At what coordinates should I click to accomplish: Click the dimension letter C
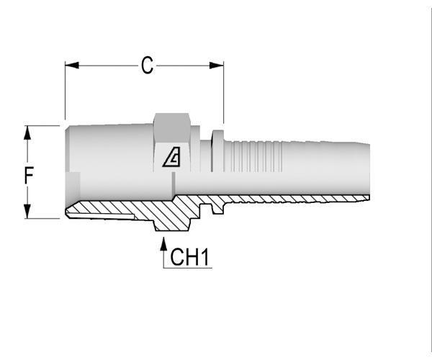click(147, 66)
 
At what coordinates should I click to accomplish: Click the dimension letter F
click(29, 175)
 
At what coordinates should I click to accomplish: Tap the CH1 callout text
click(189, 257)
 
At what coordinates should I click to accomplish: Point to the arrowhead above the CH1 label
click(163, 244)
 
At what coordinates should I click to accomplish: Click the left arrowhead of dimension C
click(72, 66)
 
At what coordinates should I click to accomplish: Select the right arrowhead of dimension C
click(217, 66)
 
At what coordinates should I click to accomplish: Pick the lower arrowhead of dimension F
click(27, 212)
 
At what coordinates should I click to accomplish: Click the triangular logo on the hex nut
click(171, 157)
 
